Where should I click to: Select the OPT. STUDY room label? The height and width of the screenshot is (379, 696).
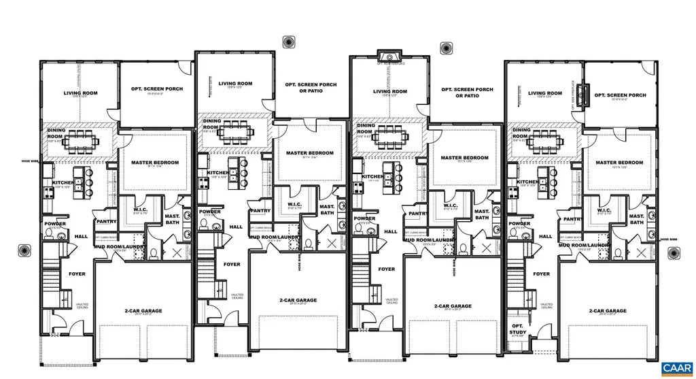pyautogui.click(x=518, y=329)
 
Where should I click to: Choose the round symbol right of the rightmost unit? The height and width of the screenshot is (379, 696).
pyautogui.click(x=674, y=253)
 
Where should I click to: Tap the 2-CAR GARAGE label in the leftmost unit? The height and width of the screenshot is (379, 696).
pyautogui.click(x=143, y=310)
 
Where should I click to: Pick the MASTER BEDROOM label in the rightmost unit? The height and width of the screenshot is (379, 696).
pyautogui.click(x=619, y=163)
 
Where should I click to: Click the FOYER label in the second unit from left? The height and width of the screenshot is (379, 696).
pyautogui.click(x=232, y=264)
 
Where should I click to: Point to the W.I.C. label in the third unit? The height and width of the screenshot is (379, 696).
pyautogui.click(x=450, y=205)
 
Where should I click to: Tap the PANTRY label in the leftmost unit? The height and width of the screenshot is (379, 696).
pyautogui.click(x=107, y=221)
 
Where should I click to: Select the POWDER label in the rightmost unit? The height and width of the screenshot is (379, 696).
pyautogui.click(x=519, y=223)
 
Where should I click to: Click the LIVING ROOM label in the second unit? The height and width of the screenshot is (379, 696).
pyautogui.click(x=235, y=84)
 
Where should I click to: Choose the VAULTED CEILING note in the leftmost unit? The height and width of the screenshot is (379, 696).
pyautogui.click(x=82, y=306)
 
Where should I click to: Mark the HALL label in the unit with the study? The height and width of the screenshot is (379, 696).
pyautogui.click(x=545, y=236)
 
